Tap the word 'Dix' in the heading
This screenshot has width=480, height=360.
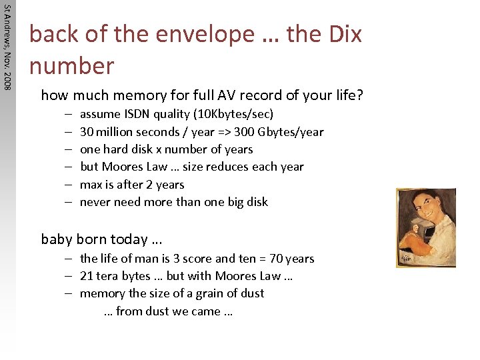coord(341,34)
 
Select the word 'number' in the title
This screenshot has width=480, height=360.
coord(71,65)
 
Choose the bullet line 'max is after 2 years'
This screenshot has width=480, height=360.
coord(131,185)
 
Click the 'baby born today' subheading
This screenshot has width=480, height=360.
coord(101,239)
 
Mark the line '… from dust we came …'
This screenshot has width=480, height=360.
coord(168,311)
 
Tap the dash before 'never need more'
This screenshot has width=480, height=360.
coord(69,202)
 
